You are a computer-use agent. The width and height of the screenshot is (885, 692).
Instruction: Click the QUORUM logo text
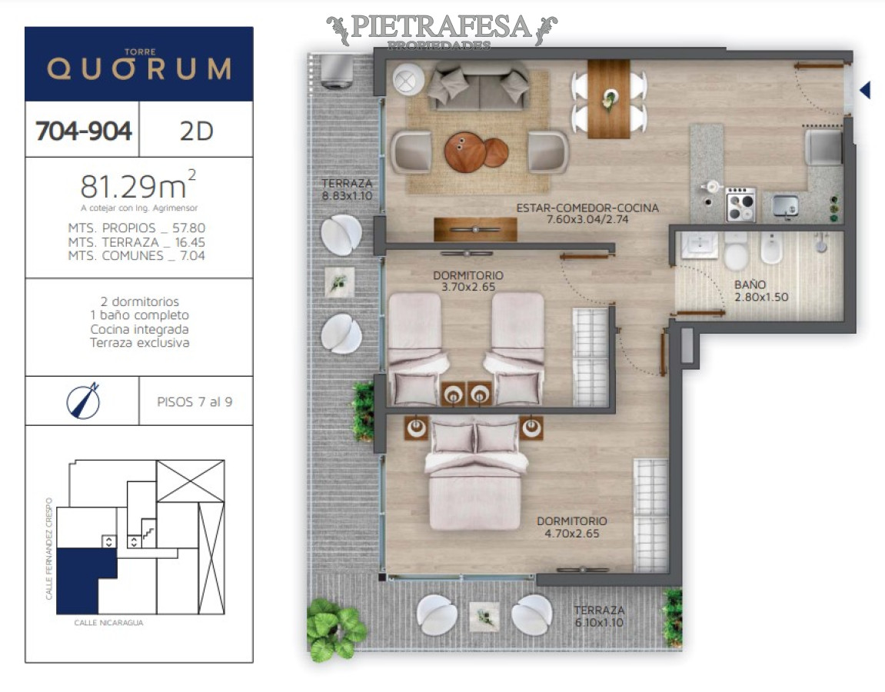pyautogui.click(x=139, y=69)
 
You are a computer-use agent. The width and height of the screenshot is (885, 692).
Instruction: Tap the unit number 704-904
pyautogui.click(x=83, y=131)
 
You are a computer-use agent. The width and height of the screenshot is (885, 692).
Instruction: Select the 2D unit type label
pyautogui.click(x=195, y=131)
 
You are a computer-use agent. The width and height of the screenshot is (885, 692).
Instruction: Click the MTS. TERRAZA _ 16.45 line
pyautogui.click(x=137, y=242)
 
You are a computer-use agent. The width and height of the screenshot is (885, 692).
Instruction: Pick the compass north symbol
pyautogui.click(x=82, y=401)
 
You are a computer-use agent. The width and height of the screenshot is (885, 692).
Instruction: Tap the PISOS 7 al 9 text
pyautogui.click(x=195, y=401)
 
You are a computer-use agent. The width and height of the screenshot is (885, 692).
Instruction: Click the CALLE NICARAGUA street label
pyautogui.click(x=108, y=623)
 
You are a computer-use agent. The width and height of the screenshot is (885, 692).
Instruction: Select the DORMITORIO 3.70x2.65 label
pyautogui.click(x=467, y=281)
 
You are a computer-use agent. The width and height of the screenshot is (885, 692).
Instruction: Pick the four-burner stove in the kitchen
pyautogui.click(x=740, y=205)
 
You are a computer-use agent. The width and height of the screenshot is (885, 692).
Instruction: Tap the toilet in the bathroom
pyautogui.click(x=736, y=251)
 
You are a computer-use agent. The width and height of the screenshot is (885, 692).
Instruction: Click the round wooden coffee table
pyautogui.click(x=465, y=151)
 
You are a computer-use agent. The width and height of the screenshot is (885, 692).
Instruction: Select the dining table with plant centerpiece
pyautogui.click(x=609, y=98)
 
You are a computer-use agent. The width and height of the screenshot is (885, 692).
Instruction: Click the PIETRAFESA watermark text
pyautogui.click(x=441, y=28)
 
